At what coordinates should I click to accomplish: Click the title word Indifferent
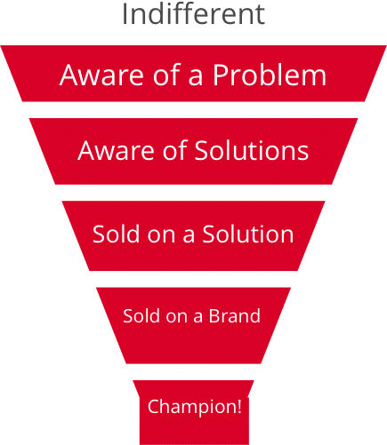[193, 14]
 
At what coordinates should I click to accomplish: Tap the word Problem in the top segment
[270, 75]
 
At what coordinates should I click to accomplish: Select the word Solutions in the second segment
[252, 150]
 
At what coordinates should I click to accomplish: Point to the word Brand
[235, 315]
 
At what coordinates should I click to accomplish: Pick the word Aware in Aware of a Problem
[101, 75]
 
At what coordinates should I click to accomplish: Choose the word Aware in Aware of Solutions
[117, 150]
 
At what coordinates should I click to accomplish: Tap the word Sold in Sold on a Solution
[117, 234]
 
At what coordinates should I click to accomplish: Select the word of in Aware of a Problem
[166, 75]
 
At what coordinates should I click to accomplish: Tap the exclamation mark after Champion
[238, 406]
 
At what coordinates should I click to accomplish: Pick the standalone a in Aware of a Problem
[196, 77]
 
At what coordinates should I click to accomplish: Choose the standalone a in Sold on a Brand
[198, 317]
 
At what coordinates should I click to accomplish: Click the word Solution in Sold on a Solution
[248, 234]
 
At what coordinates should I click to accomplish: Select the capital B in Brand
[214, 316]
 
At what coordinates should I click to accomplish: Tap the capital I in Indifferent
[125, 14]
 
